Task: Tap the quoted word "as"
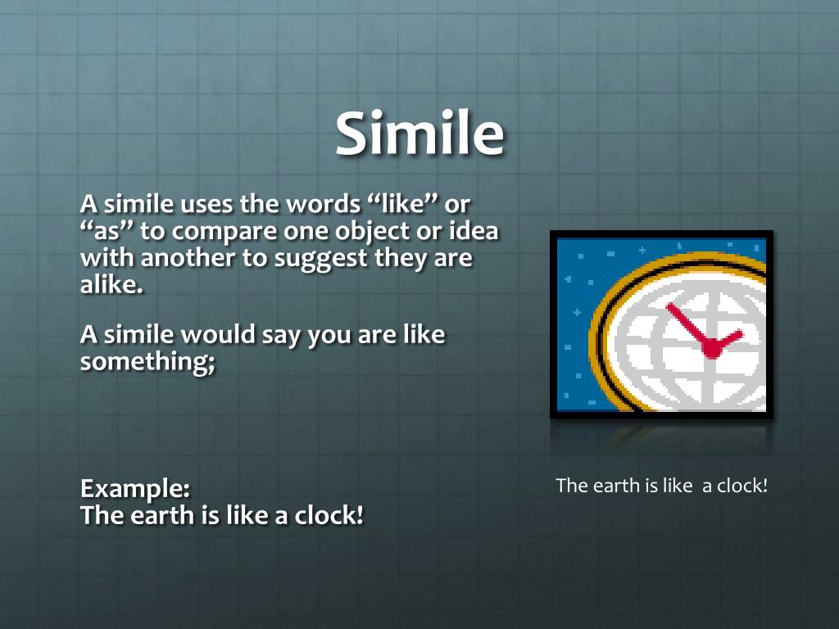pos(107,231)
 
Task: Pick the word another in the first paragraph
pos(190,260)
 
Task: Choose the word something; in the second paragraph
pos(147,362)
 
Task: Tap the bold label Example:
pos(135,489)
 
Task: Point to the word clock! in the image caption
pos(742,485)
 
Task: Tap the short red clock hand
pos(728,339)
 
